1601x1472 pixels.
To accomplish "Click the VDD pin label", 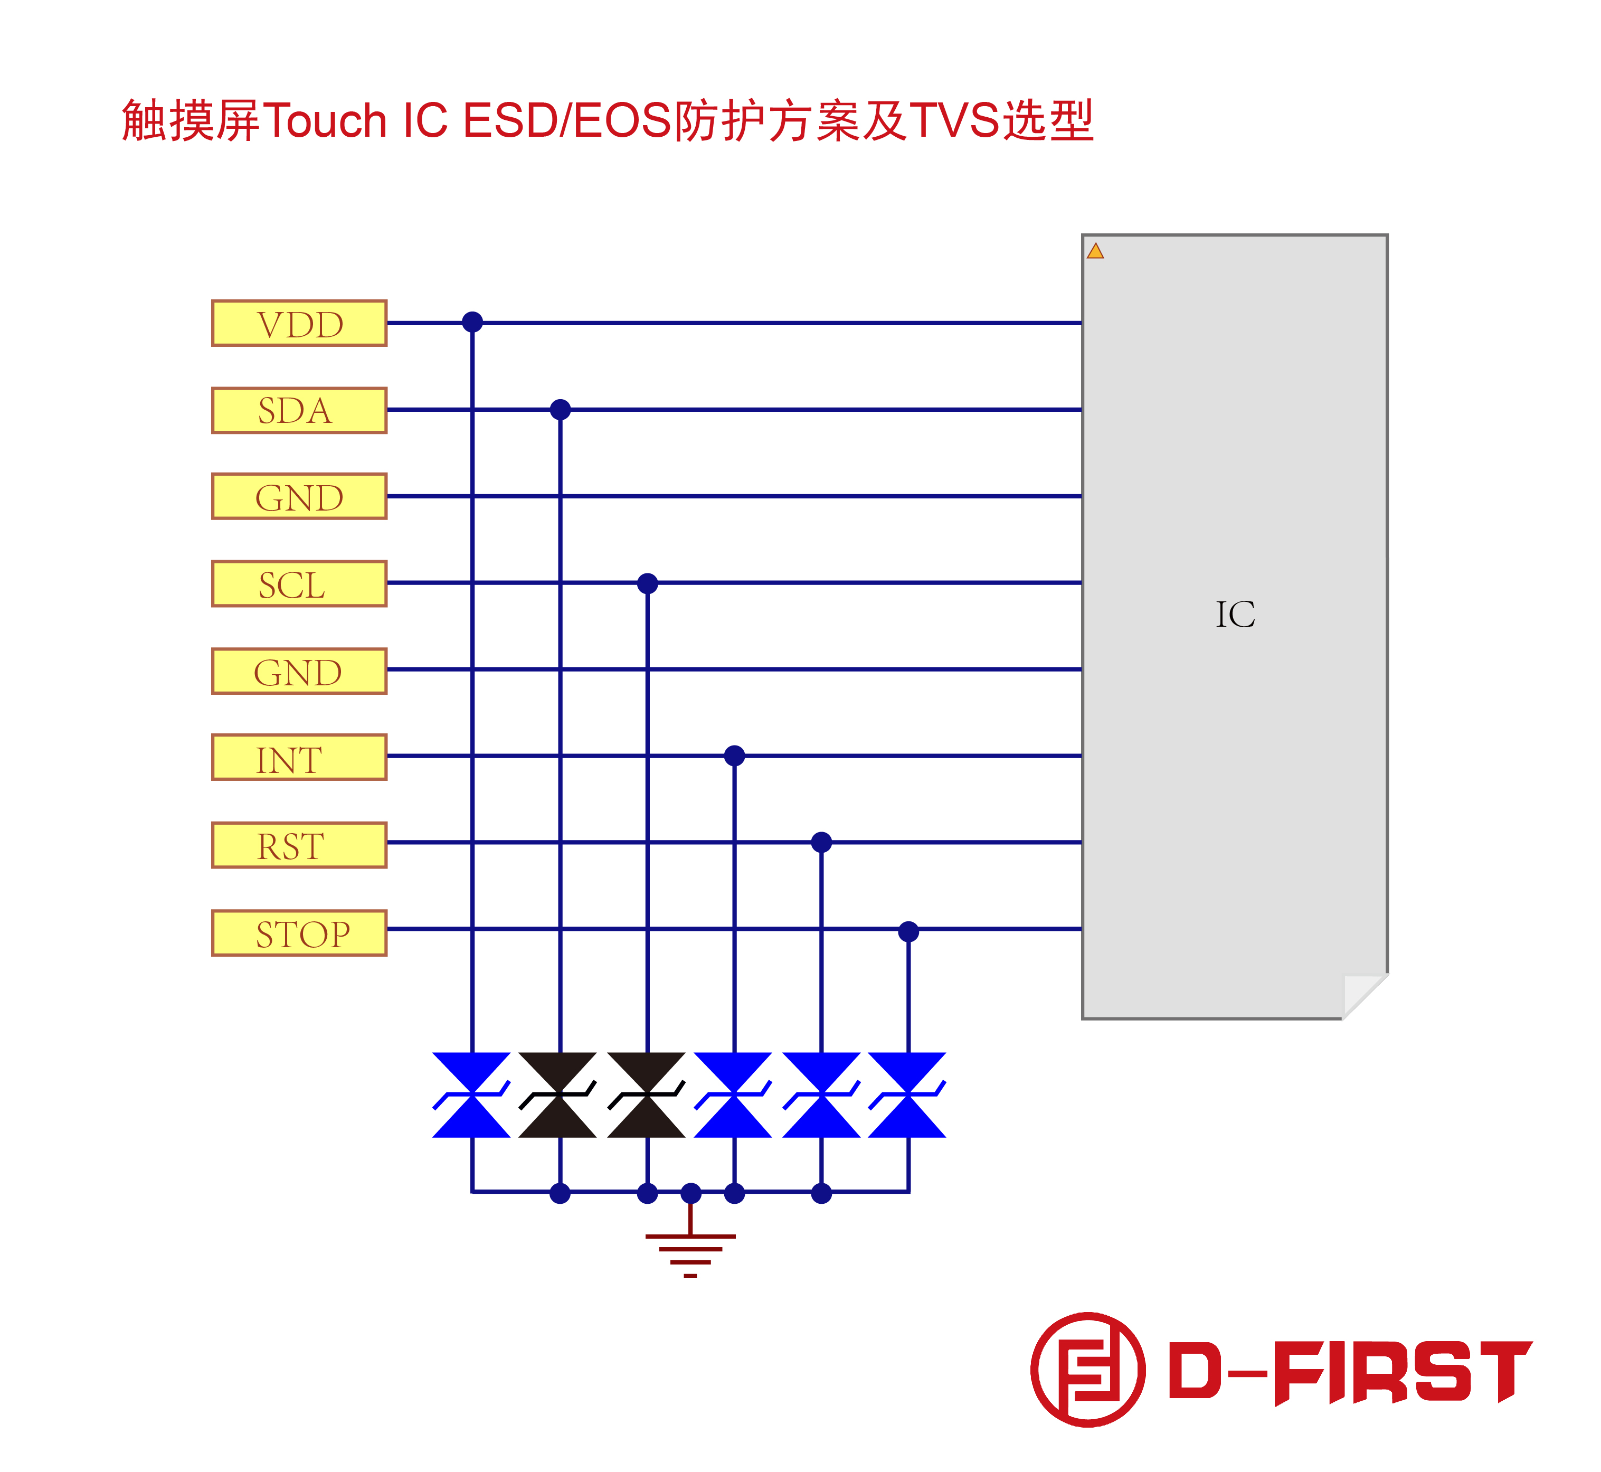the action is tap(299, 324).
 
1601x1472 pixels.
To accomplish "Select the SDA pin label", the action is tap(299, 410).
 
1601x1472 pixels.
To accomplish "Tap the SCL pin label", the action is tap(299, 584).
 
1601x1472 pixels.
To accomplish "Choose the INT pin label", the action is tap(299, 758).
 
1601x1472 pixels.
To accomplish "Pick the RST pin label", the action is tap(299, 845).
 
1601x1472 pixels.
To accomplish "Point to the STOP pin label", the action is tap(299, 933).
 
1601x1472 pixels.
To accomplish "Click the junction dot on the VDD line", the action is tap(472, 322).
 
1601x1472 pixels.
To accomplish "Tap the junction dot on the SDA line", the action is tap(560, 409).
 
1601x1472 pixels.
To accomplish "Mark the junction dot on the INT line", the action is tap(734, 755).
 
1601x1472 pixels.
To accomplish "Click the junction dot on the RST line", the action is tap(821, 842).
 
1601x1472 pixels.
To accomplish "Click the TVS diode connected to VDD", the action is tap(471, 1094).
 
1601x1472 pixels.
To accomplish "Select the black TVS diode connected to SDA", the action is tap(557, 1094).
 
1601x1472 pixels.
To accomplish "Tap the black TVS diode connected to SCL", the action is tap(646, 1094).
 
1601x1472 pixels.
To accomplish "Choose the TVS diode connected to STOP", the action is tap(907, 1094).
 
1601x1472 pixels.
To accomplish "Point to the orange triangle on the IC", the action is tap(1095, 252).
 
